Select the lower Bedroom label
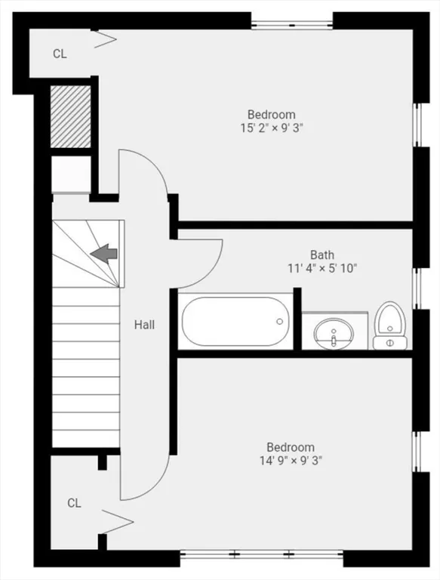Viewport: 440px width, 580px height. pos(291,447)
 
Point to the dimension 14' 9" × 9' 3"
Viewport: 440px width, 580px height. pos(291,460)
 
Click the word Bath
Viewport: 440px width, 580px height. pos(322,255)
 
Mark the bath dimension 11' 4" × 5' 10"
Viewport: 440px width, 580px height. pos(322,267)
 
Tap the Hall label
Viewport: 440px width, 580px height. pos(145,325)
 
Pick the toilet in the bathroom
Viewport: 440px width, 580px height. pos(390,326)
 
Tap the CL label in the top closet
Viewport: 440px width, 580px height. pos(60,54)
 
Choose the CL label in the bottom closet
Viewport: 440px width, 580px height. pos(73,503)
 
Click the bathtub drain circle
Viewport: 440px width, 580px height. pos(280,321)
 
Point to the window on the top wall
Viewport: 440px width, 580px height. pos(292,21)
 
